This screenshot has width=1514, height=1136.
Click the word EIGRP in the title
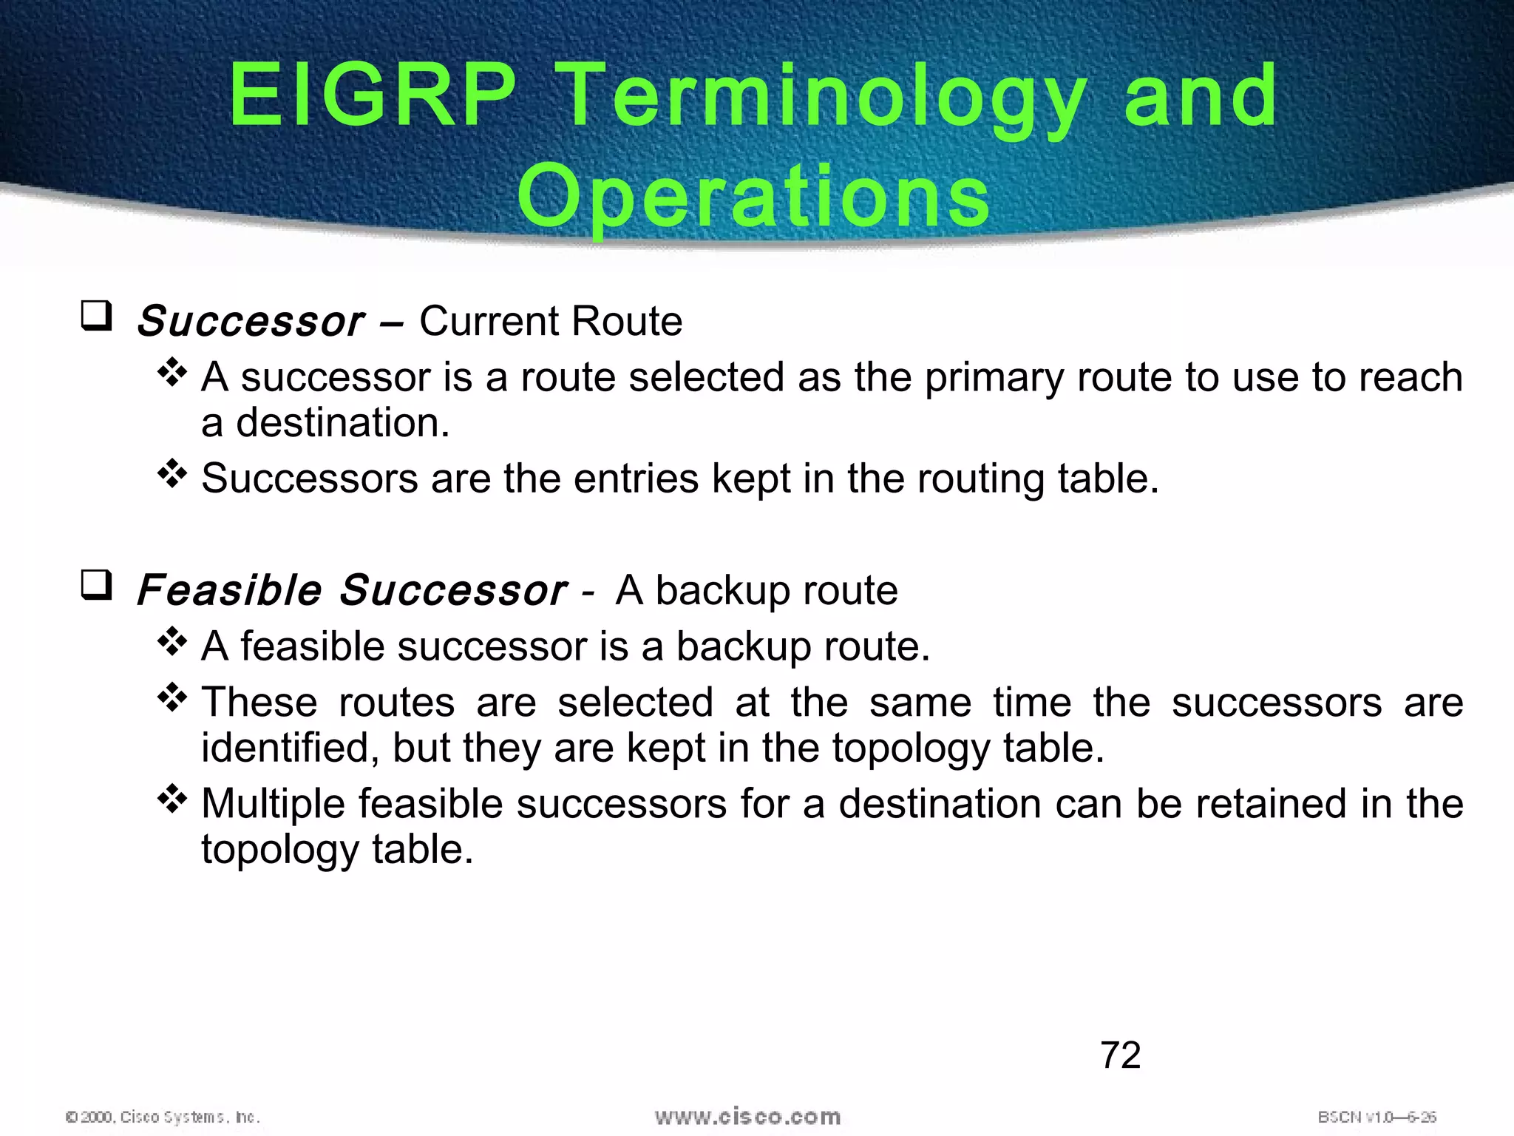(372, 96)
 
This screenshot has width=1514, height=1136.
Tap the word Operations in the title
(753, 196)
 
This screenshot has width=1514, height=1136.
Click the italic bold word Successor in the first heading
(250, 322)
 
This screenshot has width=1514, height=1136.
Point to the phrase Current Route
(550, 321)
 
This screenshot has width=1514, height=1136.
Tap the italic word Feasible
(228, 590)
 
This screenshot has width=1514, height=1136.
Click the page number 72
(1120, 1055)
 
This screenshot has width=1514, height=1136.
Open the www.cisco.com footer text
(747, 1116)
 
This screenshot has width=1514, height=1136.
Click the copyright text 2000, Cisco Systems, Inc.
(163, 1117)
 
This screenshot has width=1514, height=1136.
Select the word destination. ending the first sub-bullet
(342, 423)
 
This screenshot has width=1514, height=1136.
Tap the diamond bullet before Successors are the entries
(172, 473)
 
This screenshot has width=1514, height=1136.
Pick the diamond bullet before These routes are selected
(172, 697)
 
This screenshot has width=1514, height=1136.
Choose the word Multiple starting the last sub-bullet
(273, 804)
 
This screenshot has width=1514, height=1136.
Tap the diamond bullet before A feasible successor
(172, 641)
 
